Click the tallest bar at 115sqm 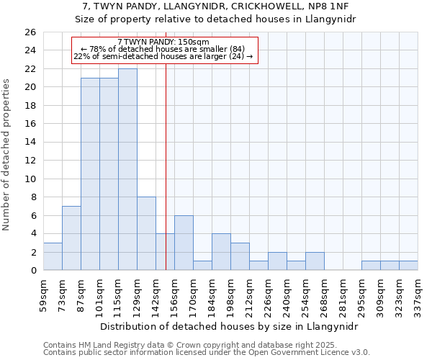tap(127, 169)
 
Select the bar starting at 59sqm tap(53, 256)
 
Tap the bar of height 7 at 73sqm tap(71, 238)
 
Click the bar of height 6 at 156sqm tap(184, 243)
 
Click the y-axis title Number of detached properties tap(7, 165)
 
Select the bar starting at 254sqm tap(315, 261)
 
